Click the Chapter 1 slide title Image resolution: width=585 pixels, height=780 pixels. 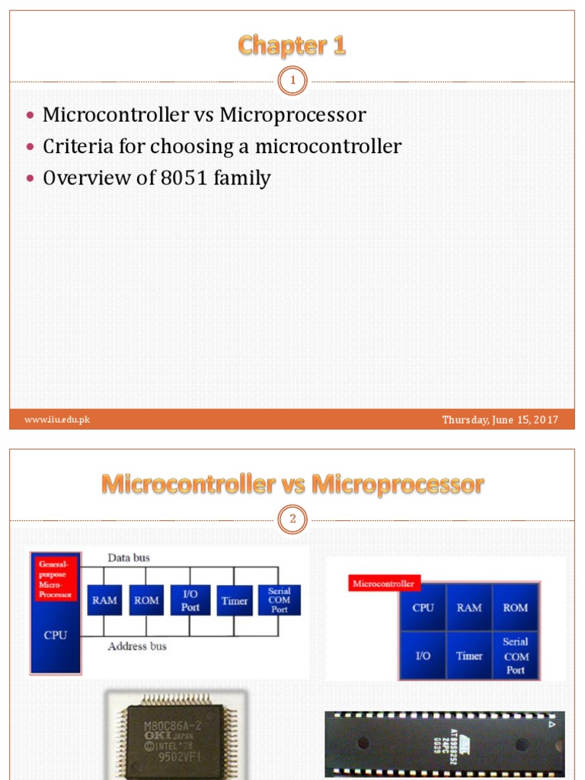[x=292, y=46]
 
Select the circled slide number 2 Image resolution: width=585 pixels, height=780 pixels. [x=292, y=520]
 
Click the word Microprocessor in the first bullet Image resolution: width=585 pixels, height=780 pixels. [x=293, y=115]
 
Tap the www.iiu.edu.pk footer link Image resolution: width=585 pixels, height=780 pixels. [x=57, y=420]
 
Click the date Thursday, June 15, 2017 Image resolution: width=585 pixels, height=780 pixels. [x=500, y=420]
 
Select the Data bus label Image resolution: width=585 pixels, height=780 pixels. [x=129, y=558]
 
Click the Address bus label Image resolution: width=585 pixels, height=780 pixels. [x=137, y=647]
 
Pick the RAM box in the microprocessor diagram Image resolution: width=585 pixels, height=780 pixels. [x=105, y=600]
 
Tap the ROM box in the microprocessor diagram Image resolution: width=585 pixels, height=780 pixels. [x=147, y=600]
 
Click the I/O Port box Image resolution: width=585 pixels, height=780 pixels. [x=190, y=600]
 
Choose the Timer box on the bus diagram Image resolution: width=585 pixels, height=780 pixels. [x=235, y=600]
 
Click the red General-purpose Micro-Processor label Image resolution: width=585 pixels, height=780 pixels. [x=56, y=579]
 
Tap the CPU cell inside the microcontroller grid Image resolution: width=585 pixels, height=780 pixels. [x=423, y=608]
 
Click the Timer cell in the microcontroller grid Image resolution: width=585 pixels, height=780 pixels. [x=469, y=655]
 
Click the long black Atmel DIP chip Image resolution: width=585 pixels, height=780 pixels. [x=445, y=744]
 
